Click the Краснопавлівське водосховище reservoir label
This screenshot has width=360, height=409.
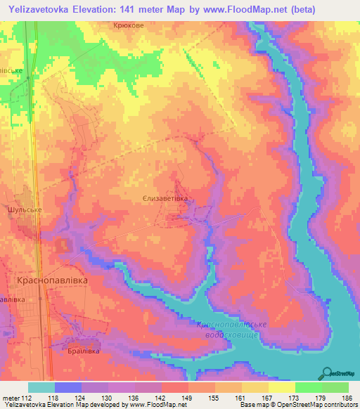[231, 329]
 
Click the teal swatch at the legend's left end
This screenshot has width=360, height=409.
[41, 387]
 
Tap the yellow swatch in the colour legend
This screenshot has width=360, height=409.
[281, 387]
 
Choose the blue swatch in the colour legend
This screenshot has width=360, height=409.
[67, 387]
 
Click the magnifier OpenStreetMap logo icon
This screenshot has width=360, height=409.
[326, 372]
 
